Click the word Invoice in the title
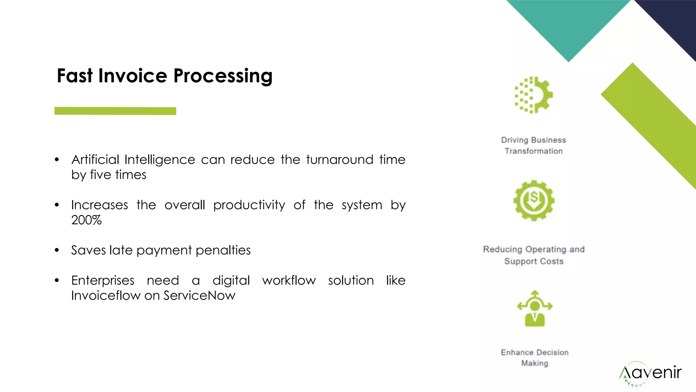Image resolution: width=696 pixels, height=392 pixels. [133, 76]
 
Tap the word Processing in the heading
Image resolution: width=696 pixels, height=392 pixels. [223, 76]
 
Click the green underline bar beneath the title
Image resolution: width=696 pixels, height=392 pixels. [115, 111]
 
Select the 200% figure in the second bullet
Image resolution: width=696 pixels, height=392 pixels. [86, 220]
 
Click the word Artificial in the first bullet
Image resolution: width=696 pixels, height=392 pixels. [95, 160]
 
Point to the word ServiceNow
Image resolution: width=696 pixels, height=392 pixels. [199, 295]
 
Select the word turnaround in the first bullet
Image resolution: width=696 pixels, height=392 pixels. [340, 160]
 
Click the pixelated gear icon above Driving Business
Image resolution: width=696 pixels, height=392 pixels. [534, 95]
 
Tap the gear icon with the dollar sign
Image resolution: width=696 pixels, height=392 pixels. [534, 200]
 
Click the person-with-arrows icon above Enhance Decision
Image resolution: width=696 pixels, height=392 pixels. [535, 309]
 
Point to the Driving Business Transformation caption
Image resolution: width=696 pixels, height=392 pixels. [534, 146]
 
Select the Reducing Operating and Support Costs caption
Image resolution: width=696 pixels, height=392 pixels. [534, 255]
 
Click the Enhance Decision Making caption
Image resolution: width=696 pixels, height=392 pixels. [535, 358]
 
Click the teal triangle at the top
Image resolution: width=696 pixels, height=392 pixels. [568, 24]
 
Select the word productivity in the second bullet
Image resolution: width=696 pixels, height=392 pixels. [249, 205]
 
